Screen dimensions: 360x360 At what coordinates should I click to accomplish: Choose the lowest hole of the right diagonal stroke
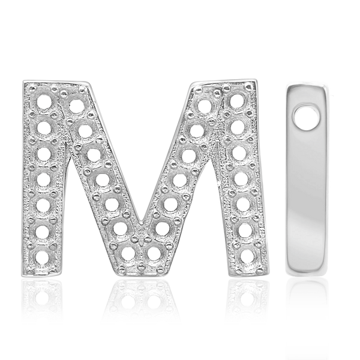pyautogui.click(x=154, y=252)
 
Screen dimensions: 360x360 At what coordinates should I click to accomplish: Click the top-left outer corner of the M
pyautogui.click(x=24, y=81)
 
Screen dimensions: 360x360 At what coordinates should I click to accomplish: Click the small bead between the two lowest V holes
pyautogui.click(x=142, y=251)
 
